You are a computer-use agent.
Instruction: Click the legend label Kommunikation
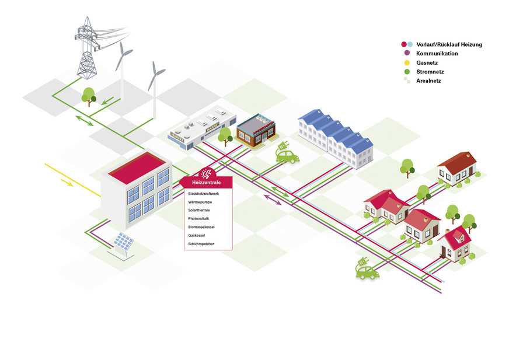[x=437, y=54]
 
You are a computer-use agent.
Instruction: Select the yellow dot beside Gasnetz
[x=407, y=62]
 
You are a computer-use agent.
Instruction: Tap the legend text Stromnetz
[x=430, y=72]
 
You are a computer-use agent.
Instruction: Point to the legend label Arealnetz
[x=429, y=81]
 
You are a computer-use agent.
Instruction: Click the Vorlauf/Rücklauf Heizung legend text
[x=449, y=44]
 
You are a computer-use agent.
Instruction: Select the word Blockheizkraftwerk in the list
[x=203, y=193]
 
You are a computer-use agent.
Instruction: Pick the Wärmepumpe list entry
[x=200, y=201]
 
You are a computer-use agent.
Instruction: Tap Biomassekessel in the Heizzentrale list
[x=201, y=226]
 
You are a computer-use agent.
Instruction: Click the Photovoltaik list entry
[x=198, y=218]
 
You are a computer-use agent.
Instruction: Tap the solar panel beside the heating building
[x=123, y=242]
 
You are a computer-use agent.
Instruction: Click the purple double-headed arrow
[x=273, y=201]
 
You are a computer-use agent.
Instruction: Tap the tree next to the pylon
[x=89, y=95]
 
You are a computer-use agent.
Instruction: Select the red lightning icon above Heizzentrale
[x=207, y=173]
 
